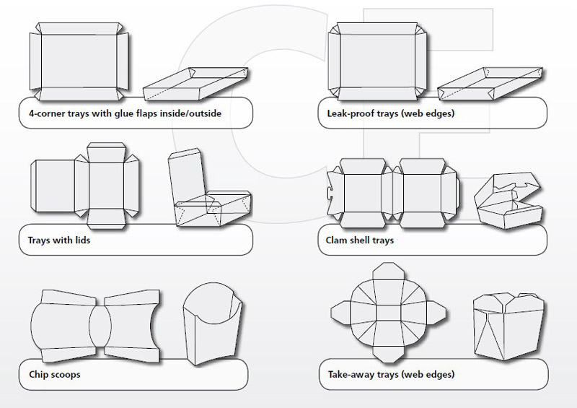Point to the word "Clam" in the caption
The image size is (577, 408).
pos(330,240)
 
